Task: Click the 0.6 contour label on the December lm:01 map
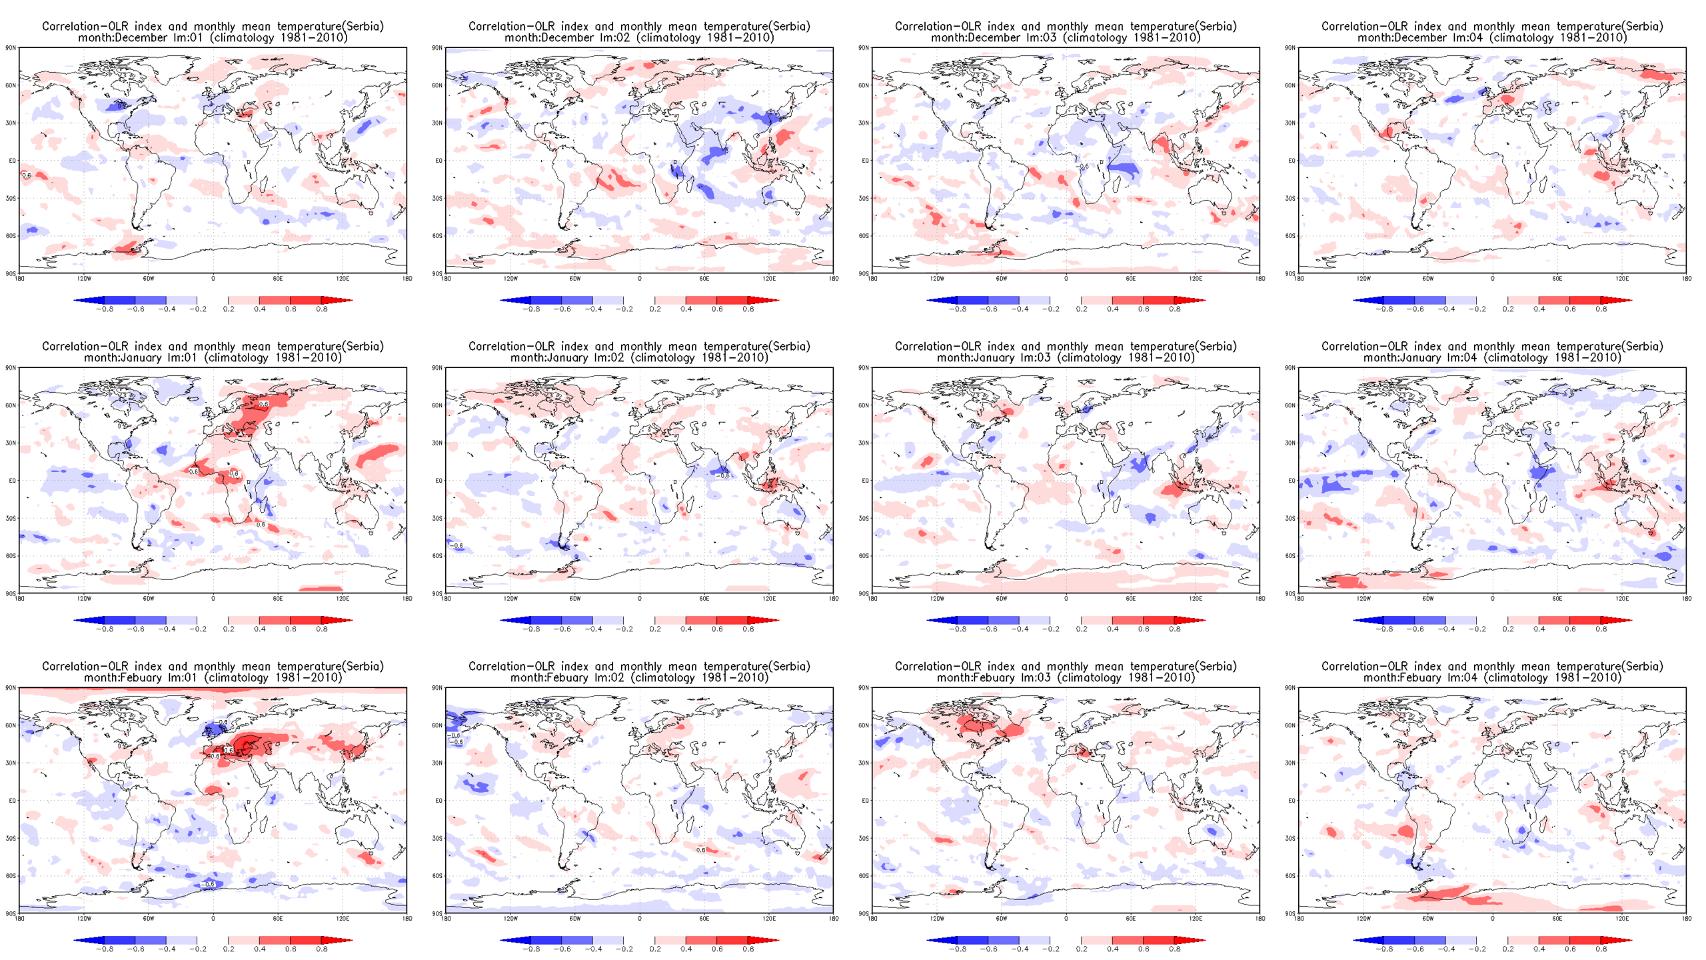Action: (26, 175)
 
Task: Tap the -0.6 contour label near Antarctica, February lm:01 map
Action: (209, 884)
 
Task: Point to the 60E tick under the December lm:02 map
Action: (704, 279)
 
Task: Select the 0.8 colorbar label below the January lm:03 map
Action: (1174, 629)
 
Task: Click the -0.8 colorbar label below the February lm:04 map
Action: (1383, 949)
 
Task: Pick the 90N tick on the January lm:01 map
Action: (11, 368)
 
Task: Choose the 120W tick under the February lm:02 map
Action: (510, 919)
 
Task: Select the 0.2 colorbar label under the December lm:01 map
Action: (229, 309)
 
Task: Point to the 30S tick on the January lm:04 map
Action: (1290, 518)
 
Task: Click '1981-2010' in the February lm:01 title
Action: (310, 678)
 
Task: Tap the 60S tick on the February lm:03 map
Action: (864, 876)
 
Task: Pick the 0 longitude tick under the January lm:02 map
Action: (640, 599)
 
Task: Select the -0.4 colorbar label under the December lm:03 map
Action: (1019, 309)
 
